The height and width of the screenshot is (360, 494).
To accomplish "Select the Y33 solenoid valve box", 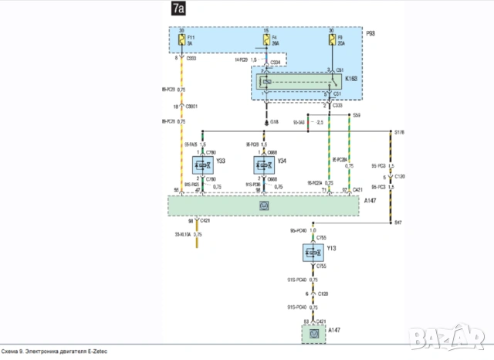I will point(203,163).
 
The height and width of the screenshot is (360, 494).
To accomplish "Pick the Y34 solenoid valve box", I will point(266,163).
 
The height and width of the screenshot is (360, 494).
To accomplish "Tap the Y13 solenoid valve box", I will point(313,253).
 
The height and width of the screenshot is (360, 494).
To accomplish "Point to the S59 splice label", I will point(356,115).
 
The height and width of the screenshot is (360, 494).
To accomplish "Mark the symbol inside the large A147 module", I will point(264,205).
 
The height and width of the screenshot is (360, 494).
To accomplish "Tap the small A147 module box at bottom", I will point(313,333).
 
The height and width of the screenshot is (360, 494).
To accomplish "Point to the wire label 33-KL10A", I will point(183,234).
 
